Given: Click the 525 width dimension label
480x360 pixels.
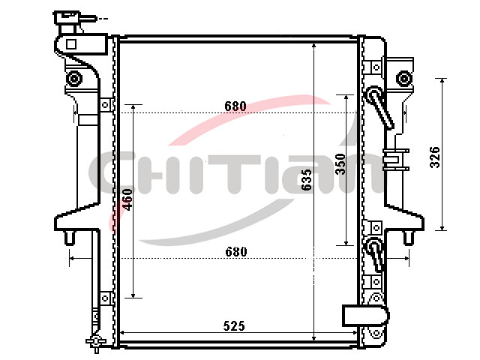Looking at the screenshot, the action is (x=234, y=326).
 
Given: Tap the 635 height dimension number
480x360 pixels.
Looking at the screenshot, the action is (x=306, y=180).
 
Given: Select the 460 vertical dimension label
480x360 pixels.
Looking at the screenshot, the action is (x=127, y=199).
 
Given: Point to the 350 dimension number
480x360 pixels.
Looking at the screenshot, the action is (x=340, y=164).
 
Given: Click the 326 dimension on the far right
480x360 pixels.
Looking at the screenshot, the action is (x=435, y=157).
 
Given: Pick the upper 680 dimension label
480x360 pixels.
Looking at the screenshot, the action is (x=235, y=106).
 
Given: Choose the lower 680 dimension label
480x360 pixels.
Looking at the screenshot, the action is (x=236, y=252).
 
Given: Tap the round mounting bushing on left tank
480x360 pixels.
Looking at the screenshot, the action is (x=73, y=78).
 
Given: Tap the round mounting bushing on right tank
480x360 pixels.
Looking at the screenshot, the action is (x=404, y=78).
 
